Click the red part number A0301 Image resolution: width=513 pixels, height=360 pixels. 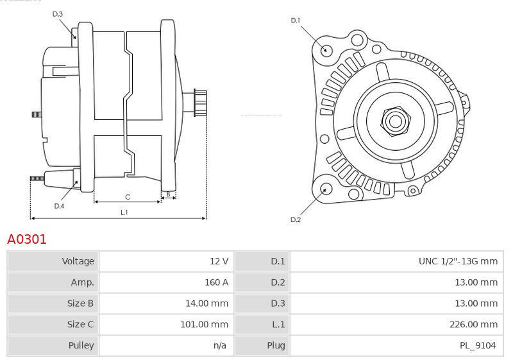tap(27, 239)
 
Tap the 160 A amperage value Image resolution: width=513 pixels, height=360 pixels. tap(217, 282)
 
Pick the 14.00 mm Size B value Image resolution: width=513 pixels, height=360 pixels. tap(206, 303)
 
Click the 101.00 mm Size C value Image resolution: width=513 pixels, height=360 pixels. tap(205, 324)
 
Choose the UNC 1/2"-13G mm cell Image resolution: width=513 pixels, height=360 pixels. tap(458, 261)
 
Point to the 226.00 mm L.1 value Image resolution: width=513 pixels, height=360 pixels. tap(474, 324)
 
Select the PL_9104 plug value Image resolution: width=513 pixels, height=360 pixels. tap(478, 345)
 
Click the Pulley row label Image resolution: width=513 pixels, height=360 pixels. tap(81, 345)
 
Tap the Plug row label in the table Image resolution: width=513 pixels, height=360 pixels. tap(276, 345)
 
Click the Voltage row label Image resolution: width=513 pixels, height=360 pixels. tap(78, 261)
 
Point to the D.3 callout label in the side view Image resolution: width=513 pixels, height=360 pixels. tap(57, 14)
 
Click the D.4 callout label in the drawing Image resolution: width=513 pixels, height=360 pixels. tap(59, 206)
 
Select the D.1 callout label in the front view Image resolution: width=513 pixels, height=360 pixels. tap(296, 21)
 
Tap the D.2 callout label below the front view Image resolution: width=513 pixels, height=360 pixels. tap(296, 219)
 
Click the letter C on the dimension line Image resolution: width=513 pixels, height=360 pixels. tap(128, 197)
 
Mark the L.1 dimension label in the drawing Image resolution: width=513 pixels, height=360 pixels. tap(124, 212)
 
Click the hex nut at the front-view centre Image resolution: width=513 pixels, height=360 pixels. tap(395, 121)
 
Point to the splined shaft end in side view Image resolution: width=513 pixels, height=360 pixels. tap(200, 103)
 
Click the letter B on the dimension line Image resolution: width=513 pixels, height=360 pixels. tap(169, 194)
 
